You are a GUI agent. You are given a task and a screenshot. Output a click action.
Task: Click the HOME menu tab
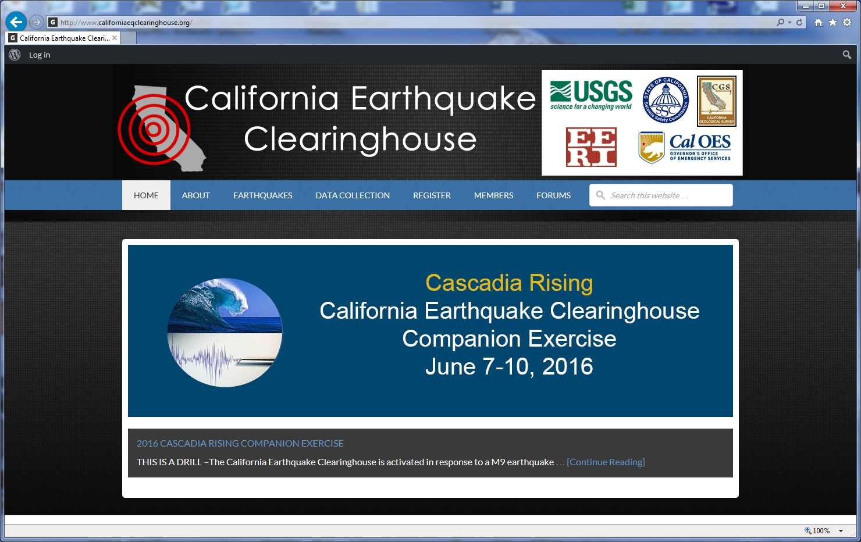pyautogui.click(x=146, y=195)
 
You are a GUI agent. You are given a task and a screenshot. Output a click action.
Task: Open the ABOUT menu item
pyautogui.click(x=195, y=195)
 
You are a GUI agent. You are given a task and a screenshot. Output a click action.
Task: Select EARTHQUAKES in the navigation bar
pyautogui.click(x=262, y=195)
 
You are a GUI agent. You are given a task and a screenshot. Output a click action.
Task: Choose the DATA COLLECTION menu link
pyautogui.click(x=353, y=195)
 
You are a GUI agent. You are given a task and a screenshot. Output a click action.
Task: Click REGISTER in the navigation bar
pyautogui.click(x=432, y=195)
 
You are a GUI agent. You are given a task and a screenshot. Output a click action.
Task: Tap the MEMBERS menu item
pyautogui.click(x=493, y=195)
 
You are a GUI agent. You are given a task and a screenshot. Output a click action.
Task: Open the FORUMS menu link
pyautogui.click(x=553, y=195)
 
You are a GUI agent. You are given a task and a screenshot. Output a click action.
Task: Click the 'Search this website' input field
pyautogui.click(x=666, y=195)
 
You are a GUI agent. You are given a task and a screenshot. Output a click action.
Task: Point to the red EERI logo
pyautogui.click(x=591, y=147)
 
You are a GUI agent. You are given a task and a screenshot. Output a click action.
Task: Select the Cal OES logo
pyautogui.click(x=684, y=148)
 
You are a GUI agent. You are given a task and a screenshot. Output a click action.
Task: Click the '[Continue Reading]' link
pyautogui.click(x=606, y=462)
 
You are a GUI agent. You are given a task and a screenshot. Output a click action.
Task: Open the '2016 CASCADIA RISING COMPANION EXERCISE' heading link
pyautogui.click(x=240, y=443)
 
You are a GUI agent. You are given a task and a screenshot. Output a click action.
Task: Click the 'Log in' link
pyautogui.click(x=40, y=55)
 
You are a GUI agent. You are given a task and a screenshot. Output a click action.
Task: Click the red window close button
pyautogui.click(x=843, y=6)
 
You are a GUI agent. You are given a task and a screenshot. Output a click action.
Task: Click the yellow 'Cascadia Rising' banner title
pyautogui.click(x=509, y=283)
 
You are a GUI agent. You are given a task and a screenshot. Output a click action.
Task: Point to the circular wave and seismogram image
pyautogui.click(x=225, y=333)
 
